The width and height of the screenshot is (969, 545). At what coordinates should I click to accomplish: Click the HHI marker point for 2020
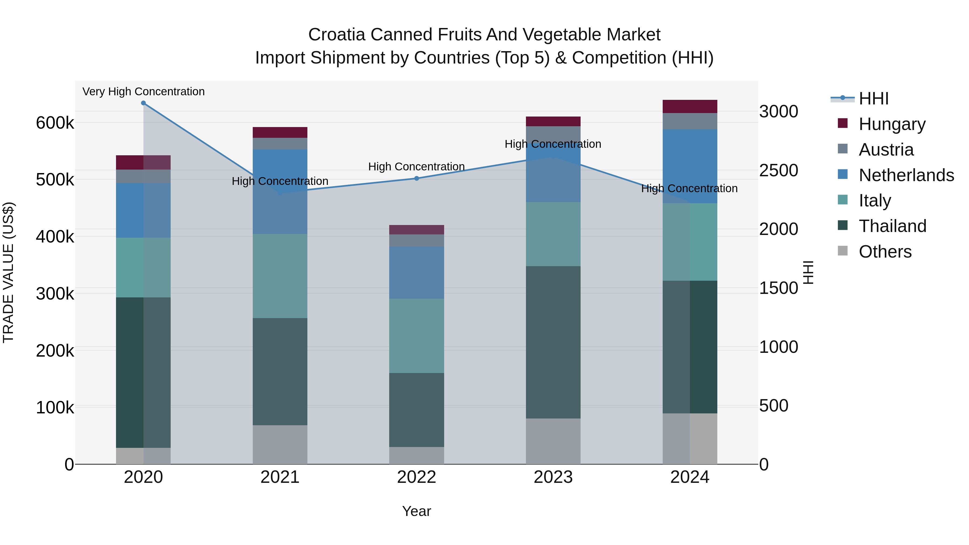coord(143,103)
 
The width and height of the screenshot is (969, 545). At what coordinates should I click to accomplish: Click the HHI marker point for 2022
coord(416,178)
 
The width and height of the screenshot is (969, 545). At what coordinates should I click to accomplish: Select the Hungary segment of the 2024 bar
coord(690,106)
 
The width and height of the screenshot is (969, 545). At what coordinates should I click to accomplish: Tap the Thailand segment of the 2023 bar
coord(553,342)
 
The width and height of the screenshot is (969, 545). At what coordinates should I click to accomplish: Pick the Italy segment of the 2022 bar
coord(416,336)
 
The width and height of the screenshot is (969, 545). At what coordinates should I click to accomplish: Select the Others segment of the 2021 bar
coord(280,445)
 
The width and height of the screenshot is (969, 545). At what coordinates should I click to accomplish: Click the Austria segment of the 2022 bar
coord(416,240)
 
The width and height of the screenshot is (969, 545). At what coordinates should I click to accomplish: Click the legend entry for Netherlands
coord(906,175)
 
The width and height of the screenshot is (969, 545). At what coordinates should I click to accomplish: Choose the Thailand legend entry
coord(892,226)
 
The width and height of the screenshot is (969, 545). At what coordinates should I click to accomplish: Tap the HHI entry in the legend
coord(873,99)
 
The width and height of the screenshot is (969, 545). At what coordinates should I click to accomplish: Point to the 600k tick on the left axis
coord(55,123)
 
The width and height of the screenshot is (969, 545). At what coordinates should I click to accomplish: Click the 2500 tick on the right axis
coord(778,170)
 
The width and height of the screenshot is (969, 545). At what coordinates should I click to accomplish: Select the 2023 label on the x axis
coord(553,477)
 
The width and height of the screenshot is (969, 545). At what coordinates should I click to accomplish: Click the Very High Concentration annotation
coord(143,92)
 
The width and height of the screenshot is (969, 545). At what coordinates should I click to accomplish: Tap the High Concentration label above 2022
coord(416,167)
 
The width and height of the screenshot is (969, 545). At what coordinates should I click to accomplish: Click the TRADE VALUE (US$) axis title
coord(8,272)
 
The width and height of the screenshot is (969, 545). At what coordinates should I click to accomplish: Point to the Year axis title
coord(416,511)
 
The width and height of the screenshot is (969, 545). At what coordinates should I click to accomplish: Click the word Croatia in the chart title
coord(337,35)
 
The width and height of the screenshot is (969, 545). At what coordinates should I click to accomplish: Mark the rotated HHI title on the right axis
coord(808,272)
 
